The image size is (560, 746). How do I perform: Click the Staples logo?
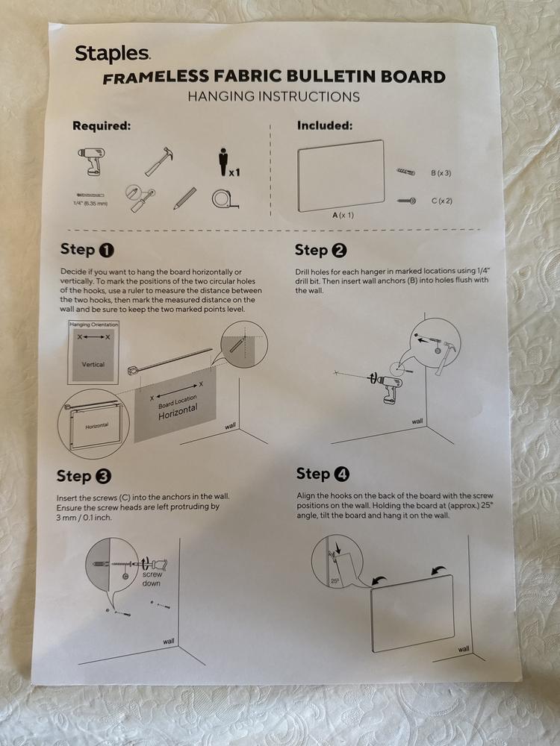(113, 54)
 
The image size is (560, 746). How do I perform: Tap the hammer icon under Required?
(158, 162)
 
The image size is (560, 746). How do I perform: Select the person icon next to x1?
(223, 162)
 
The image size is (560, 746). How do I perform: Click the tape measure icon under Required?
(225, 199)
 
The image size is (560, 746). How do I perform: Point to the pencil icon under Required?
(184, 198)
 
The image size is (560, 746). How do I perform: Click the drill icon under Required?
(91, 161)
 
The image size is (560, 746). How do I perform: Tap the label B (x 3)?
(441, 173)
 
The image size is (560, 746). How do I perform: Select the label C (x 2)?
(441, 201)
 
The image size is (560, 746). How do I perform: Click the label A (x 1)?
(343, 215)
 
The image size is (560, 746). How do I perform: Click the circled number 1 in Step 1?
(106, 250)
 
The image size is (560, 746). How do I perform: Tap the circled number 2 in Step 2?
(339, 250)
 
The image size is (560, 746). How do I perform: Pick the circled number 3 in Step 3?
(103, 476)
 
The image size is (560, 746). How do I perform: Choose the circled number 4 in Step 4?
(341, 474)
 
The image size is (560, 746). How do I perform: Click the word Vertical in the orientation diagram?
(93, 365)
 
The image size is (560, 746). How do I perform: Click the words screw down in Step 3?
(152, 579)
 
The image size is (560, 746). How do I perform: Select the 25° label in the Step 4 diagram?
(335, 581)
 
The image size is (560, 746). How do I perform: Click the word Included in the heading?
(325, 125)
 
